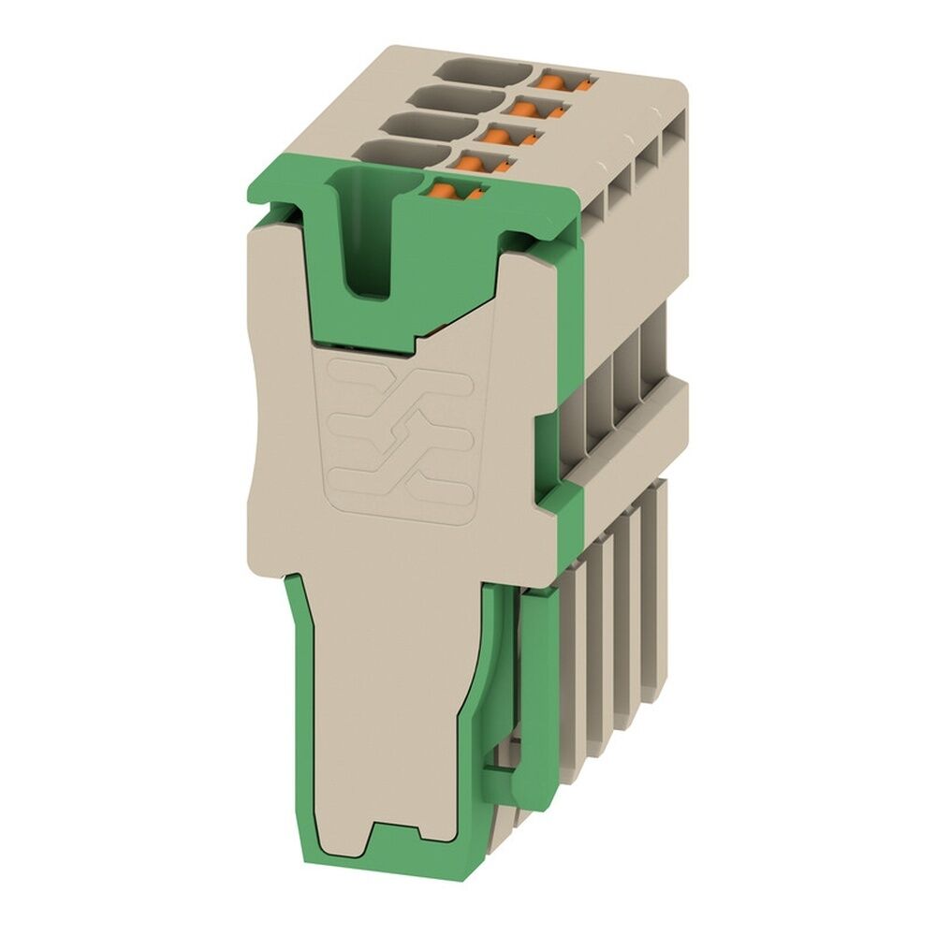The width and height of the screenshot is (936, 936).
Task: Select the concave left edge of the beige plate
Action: pyautogui.click(x=257, y=440)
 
